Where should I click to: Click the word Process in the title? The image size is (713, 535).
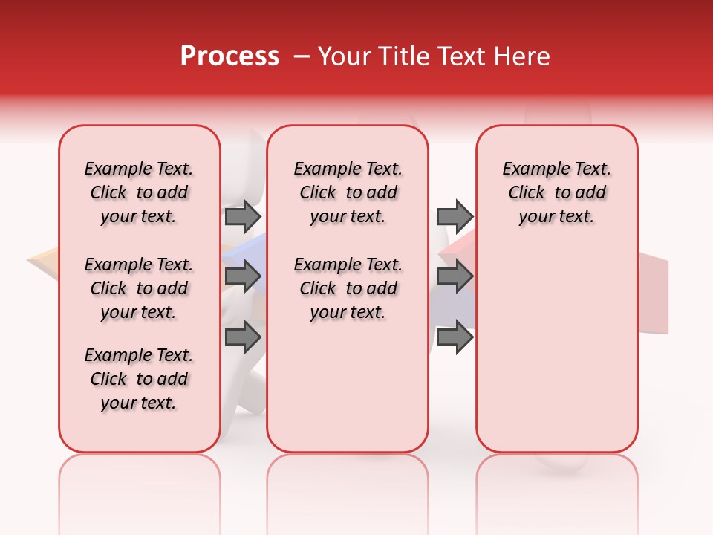click(229, 56)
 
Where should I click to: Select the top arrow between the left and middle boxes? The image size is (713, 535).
click(243, 216)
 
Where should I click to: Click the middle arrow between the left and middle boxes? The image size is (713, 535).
click(243, 276)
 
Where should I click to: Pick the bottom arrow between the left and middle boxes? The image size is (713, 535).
click(243, 337)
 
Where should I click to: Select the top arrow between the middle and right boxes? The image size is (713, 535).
click(455, 216)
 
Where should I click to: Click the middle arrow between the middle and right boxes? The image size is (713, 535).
click(455, 276)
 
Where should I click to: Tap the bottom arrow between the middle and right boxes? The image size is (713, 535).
click(455, 337)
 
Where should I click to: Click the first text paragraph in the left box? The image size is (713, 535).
click(139, 192)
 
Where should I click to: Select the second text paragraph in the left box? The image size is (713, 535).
click(139, 288)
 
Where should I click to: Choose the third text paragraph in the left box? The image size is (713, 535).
click(139, 379)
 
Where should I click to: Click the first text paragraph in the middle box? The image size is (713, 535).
click(348, 192)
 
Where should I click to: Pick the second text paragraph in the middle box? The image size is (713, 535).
click(348, 288)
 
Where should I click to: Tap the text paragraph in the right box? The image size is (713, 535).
click(557, 192)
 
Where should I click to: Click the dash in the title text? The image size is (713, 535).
click(302, 56)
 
